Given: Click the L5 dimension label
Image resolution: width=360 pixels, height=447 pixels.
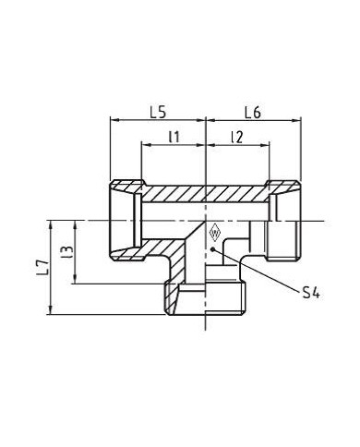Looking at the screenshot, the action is click(x=158, y=113).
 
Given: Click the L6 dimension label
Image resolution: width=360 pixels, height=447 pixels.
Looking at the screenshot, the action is click(x=253, y=113).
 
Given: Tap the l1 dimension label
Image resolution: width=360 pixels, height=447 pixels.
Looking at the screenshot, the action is click(x=174, y=137).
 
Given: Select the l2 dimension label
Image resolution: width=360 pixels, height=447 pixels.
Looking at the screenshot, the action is click(x=237, y=138).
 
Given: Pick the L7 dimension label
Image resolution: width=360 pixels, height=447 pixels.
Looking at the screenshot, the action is click(x=42, y=267).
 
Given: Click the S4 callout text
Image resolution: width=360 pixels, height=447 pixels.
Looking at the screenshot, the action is click(x=311, y=293).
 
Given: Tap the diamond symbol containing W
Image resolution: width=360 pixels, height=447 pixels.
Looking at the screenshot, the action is click(x=214, y=234).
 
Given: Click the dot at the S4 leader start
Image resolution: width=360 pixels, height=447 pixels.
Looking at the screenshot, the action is click(x=212, y=248).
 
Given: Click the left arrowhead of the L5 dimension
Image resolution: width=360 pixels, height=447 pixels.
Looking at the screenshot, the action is click(x=114, y=120).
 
